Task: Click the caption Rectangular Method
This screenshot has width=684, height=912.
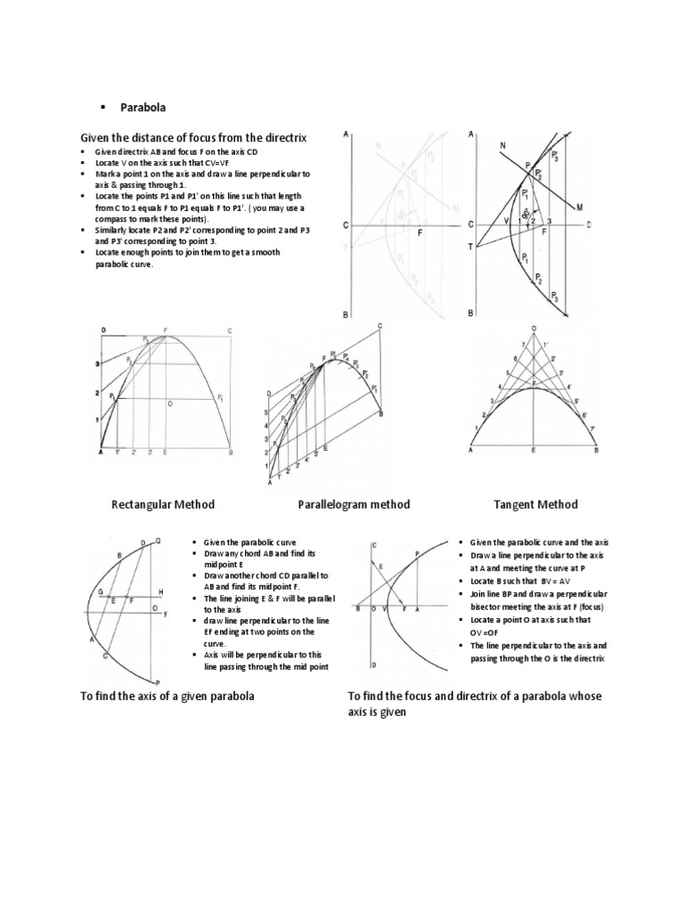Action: tap(163, 504)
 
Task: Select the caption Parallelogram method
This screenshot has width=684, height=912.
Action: tap(354, 504)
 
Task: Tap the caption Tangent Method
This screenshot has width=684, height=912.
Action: tap(535, 504)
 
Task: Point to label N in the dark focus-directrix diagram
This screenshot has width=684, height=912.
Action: tap(504, 145)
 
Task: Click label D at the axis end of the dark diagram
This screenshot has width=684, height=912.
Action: tap(588, 224)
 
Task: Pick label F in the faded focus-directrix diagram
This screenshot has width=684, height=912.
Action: tap(419, 232)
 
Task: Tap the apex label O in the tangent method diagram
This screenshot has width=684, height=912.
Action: tap(533, 329)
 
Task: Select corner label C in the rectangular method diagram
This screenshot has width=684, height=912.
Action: tap(229, 331)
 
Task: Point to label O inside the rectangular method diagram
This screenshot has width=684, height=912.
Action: tap(169, 403)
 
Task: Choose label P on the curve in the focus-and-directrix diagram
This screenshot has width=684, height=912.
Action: tap(417, 554)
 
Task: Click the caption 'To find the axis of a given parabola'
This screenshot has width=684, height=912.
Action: tap(168, 696)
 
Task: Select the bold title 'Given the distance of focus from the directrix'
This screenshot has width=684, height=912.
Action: tap(193, 138)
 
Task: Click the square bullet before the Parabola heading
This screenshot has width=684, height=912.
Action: tap(103, 107)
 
